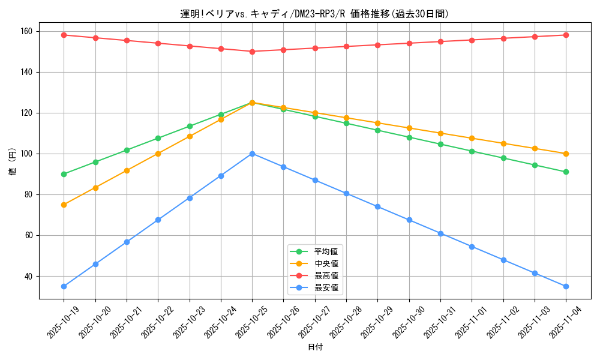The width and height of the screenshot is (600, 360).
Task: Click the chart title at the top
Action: pos(314,14)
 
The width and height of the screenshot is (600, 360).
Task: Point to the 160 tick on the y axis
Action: pos(27,31)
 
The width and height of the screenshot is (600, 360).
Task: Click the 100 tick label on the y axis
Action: pos(27,154)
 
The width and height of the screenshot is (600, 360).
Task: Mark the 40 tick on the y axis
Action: pos(29,277)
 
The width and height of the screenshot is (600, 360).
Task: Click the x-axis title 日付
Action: pos(314,347)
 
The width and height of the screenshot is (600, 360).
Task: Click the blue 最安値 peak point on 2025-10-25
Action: pos(252,154)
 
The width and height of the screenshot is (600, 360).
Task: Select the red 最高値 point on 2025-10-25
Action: pos(252,52)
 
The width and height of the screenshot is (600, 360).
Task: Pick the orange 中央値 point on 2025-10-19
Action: pos(64,205)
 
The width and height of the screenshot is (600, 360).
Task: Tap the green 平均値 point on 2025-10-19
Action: pos(64,174)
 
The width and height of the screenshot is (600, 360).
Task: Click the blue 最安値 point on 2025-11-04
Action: pos(566,286)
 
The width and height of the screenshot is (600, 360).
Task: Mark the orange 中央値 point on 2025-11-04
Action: pos(566,154)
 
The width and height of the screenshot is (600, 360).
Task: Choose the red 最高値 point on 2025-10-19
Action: pos(64,35)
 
